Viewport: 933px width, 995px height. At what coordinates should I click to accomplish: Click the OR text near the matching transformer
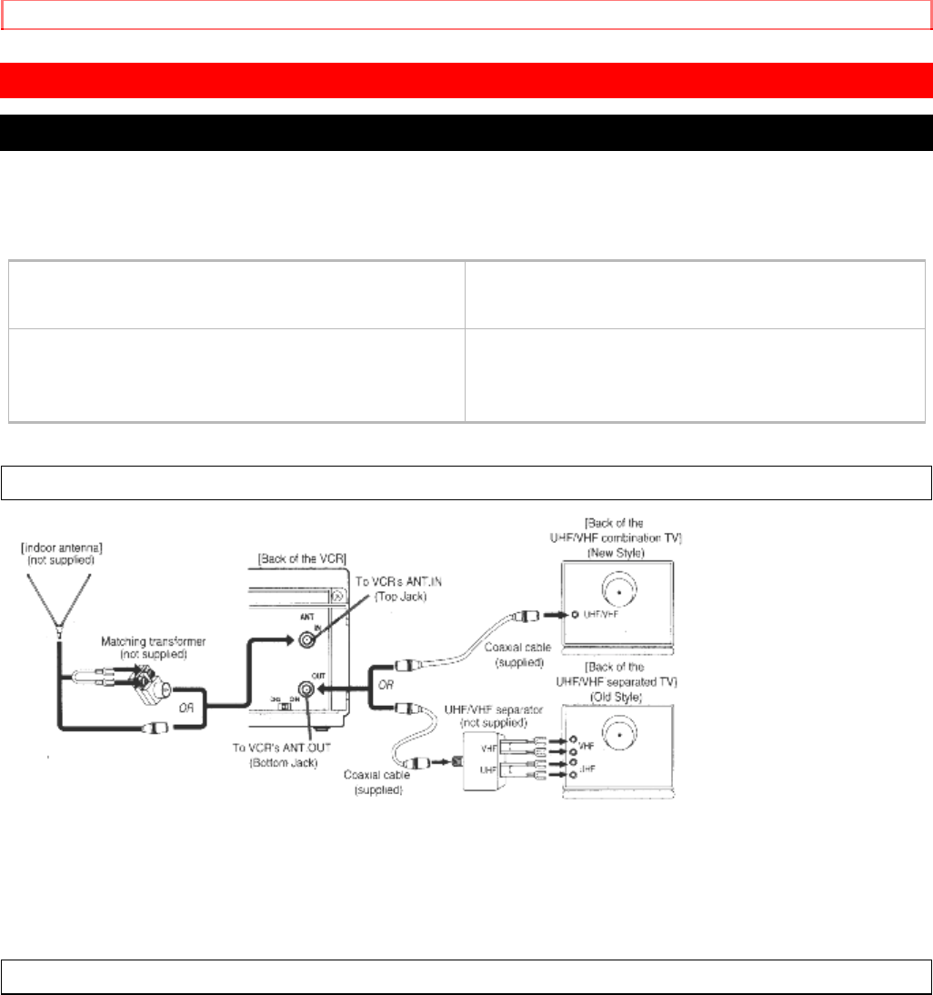(188, 678)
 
